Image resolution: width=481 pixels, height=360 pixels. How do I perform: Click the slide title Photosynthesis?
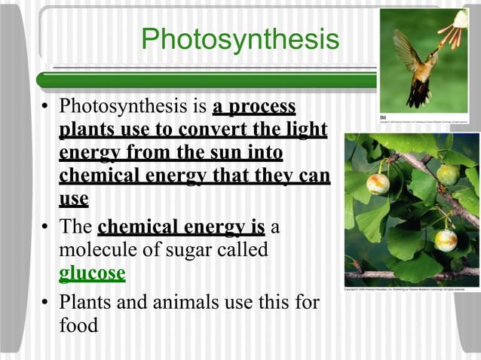240,40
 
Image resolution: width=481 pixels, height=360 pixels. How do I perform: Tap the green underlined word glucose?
92,273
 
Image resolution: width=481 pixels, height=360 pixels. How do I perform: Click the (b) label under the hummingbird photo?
383,117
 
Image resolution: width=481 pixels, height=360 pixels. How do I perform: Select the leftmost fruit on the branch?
378,183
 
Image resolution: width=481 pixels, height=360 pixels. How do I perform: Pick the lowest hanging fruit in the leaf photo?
446,239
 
